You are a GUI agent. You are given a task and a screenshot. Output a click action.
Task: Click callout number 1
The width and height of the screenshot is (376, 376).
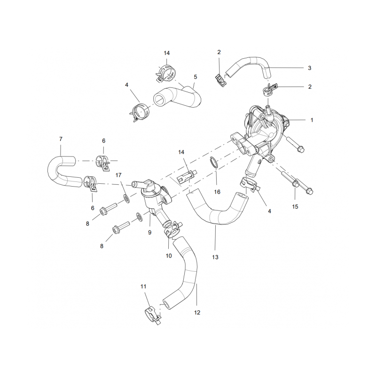click(312, 120)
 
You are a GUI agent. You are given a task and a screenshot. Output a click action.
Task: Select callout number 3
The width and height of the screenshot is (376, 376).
click(310, 68)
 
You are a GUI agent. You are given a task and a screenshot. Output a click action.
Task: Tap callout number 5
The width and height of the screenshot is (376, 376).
click(196, 77)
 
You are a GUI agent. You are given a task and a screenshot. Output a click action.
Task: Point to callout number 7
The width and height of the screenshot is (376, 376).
click(61, 139)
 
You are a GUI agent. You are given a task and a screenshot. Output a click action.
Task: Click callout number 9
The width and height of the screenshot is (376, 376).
click(149, 232)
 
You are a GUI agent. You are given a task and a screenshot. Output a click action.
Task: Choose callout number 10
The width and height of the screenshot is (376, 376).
click(169, 256)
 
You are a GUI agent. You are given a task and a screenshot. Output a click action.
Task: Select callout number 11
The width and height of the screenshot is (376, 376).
click(143, 287)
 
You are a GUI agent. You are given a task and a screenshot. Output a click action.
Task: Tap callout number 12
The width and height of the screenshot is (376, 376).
click(197, 313)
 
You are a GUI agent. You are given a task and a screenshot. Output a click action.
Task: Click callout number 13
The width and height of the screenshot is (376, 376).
click(215, 257)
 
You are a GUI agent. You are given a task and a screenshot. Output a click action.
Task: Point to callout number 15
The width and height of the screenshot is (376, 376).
click(295, 207)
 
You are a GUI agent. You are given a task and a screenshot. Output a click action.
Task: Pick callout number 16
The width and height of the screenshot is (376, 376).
click(217, 192)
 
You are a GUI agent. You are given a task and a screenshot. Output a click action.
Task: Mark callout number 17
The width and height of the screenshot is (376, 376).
click(118, 175)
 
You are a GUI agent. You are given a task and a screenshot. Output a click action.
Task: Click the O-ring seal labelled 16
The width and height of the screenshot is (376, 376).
click(215, 163)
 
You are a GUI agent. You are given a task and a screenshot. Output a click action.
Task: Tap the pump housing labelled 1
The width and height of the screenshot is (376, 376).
click(261, 134)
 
